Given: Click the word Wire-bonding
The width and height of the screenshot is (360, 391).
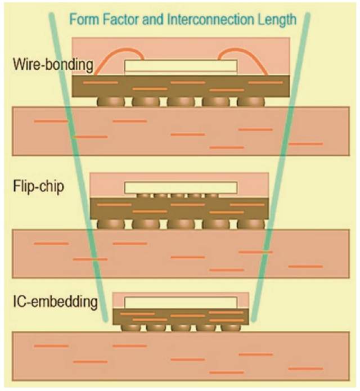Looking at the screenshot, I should [x=52, y=64].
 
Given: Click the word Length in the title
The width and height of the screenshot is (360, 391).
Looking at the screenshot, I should [x=276, y=19].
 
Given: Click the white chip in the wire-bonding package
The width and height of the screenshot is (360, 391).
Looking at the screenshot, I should [x=180, y=66].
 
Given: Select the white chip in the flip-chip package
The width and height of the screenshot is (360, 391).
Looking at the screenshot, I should [x=180, y=187].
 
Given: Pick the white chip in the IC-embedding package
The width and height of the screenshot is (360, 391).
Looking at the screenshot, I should [x=180, y=303].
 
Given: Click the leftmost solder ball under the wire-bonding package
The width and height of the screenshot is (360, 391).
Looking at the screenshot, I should [x=109, y=101].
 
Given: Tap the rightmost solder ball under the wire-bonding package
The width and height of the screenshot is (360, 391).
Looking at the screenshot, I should [x=250, y=101].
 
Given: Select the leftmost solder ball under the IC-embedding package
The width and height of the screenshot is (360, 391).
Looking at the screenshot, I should [x=130, y=327].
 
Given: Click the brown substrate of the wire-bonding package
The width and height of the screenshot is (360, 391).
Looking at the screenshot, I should [x=180, y=86].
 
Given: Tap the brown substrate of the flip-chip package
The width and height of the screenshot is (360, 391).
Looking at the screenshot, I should [x=180, y=208].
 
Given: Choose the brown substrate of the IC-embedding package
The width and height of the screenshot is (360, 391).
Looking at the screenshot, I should [x=180, y=316].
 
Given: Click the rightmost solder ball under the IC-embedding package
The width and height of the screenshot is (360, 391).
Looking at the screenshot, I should [x=229, y=327].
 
